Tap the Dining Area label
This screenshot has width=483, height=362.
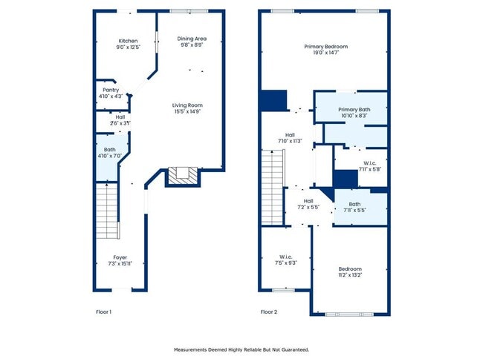pos(192,42)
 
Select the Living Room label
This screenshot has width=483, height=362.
pos(188,108)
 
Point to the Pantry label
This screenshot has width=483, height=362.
pos(111,93)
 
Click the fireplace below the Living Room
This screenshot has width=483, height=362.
pos(181,176)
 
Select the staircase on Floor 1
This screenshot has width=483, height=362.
pos(108,211)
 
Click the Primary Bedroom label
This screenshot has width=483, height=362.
pos(325,50)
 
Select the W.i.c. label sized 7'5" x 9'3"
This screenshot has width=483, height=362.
pos(286,260)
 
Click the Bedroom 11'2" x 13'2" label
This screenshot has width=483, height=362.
pos(350,271)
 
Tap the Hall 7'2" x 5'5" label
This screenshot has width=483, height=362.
pos(308,204)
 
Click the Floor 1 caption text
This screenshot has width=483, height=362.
pos(104,312)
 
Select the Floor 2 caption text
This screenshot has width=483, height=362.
pos(269,312)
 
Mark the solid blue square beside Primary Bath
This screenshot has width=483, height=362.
pos(273,101)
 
